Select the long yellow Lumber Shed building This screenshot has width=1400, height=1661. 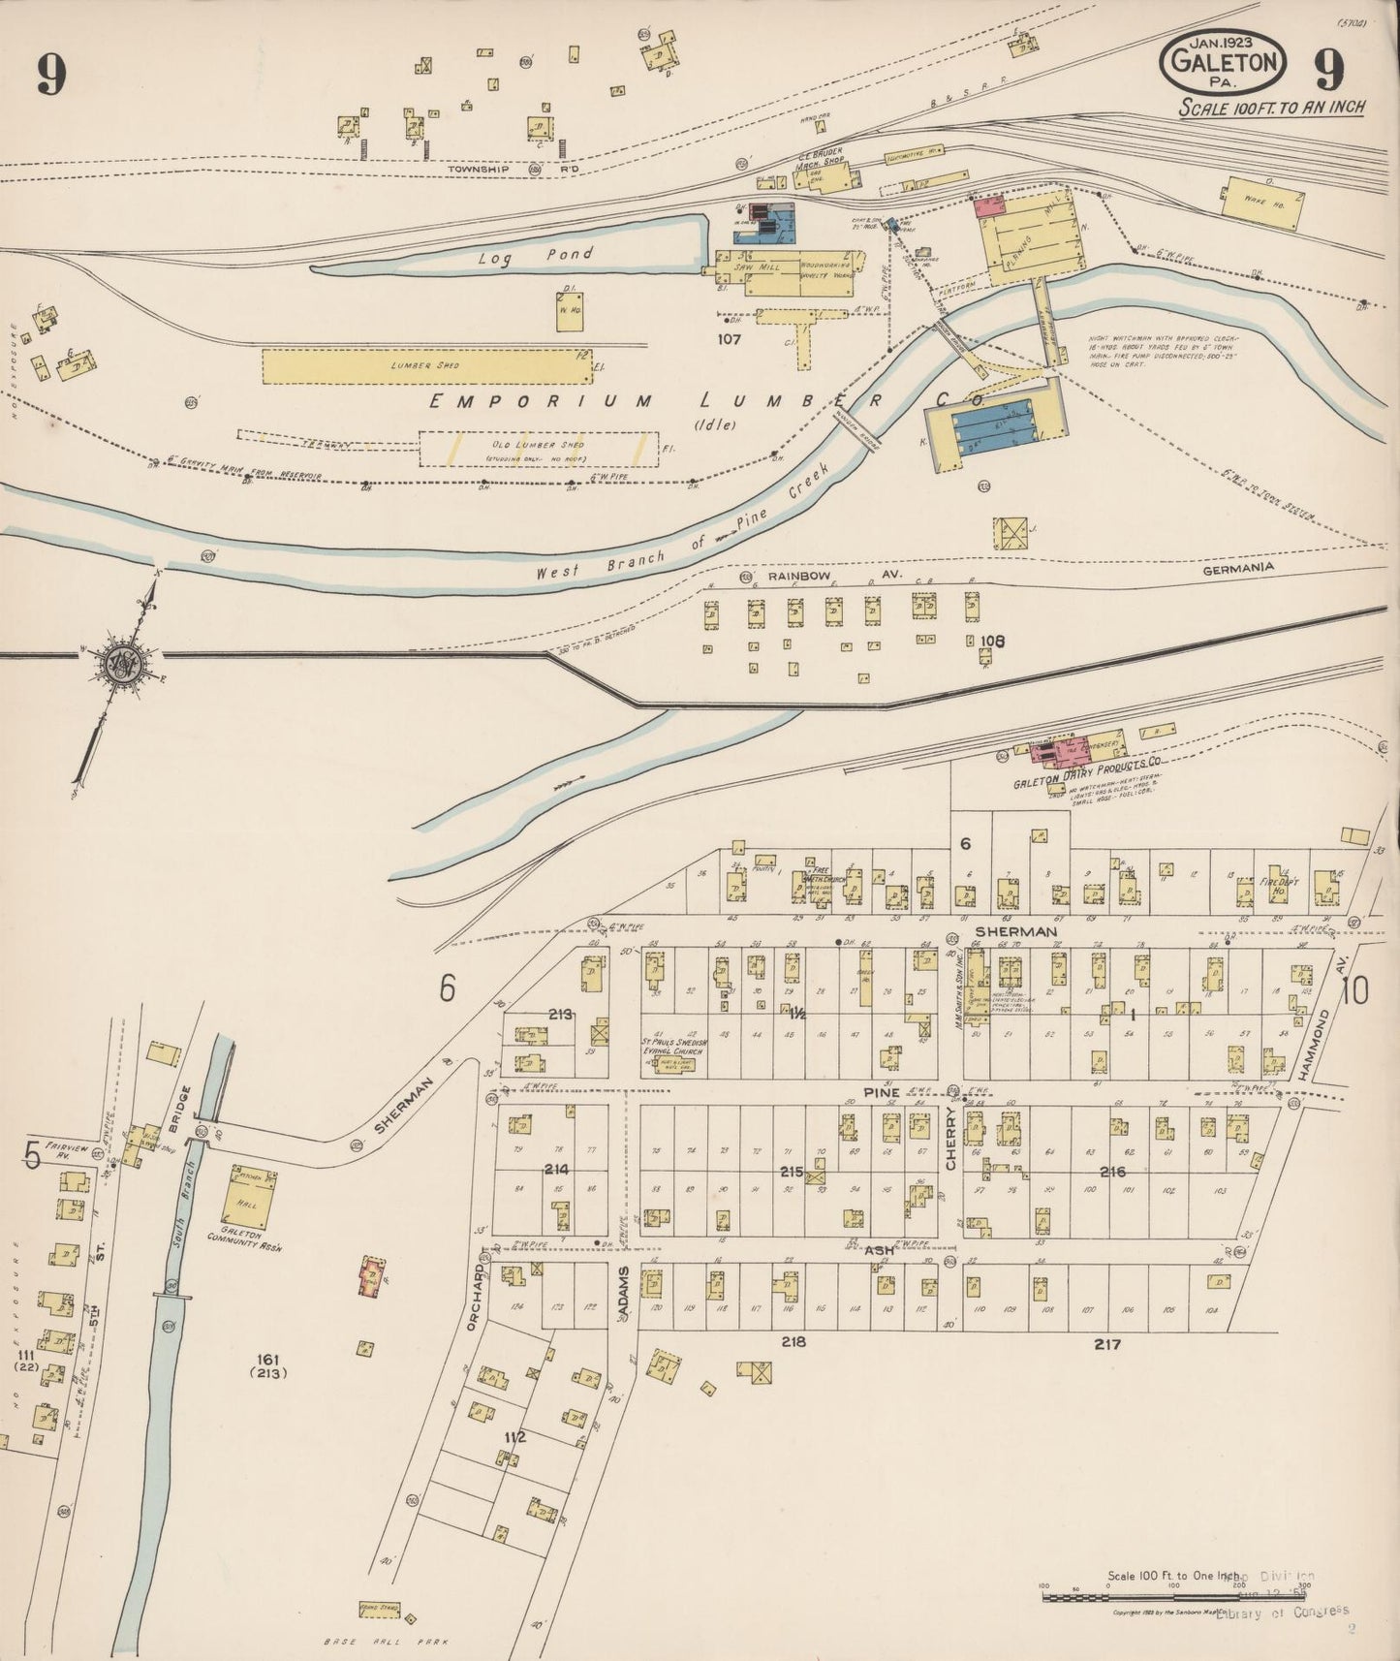coord(426,366)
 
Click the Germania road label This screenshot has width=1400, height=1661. coord(1237,568)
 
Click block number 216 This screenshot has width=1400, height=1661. coord(1112,1171)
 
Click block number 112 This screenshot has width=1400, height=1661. coord(514,1437)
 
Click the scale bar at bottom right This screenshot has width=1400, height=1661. coord(1153,1595)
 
